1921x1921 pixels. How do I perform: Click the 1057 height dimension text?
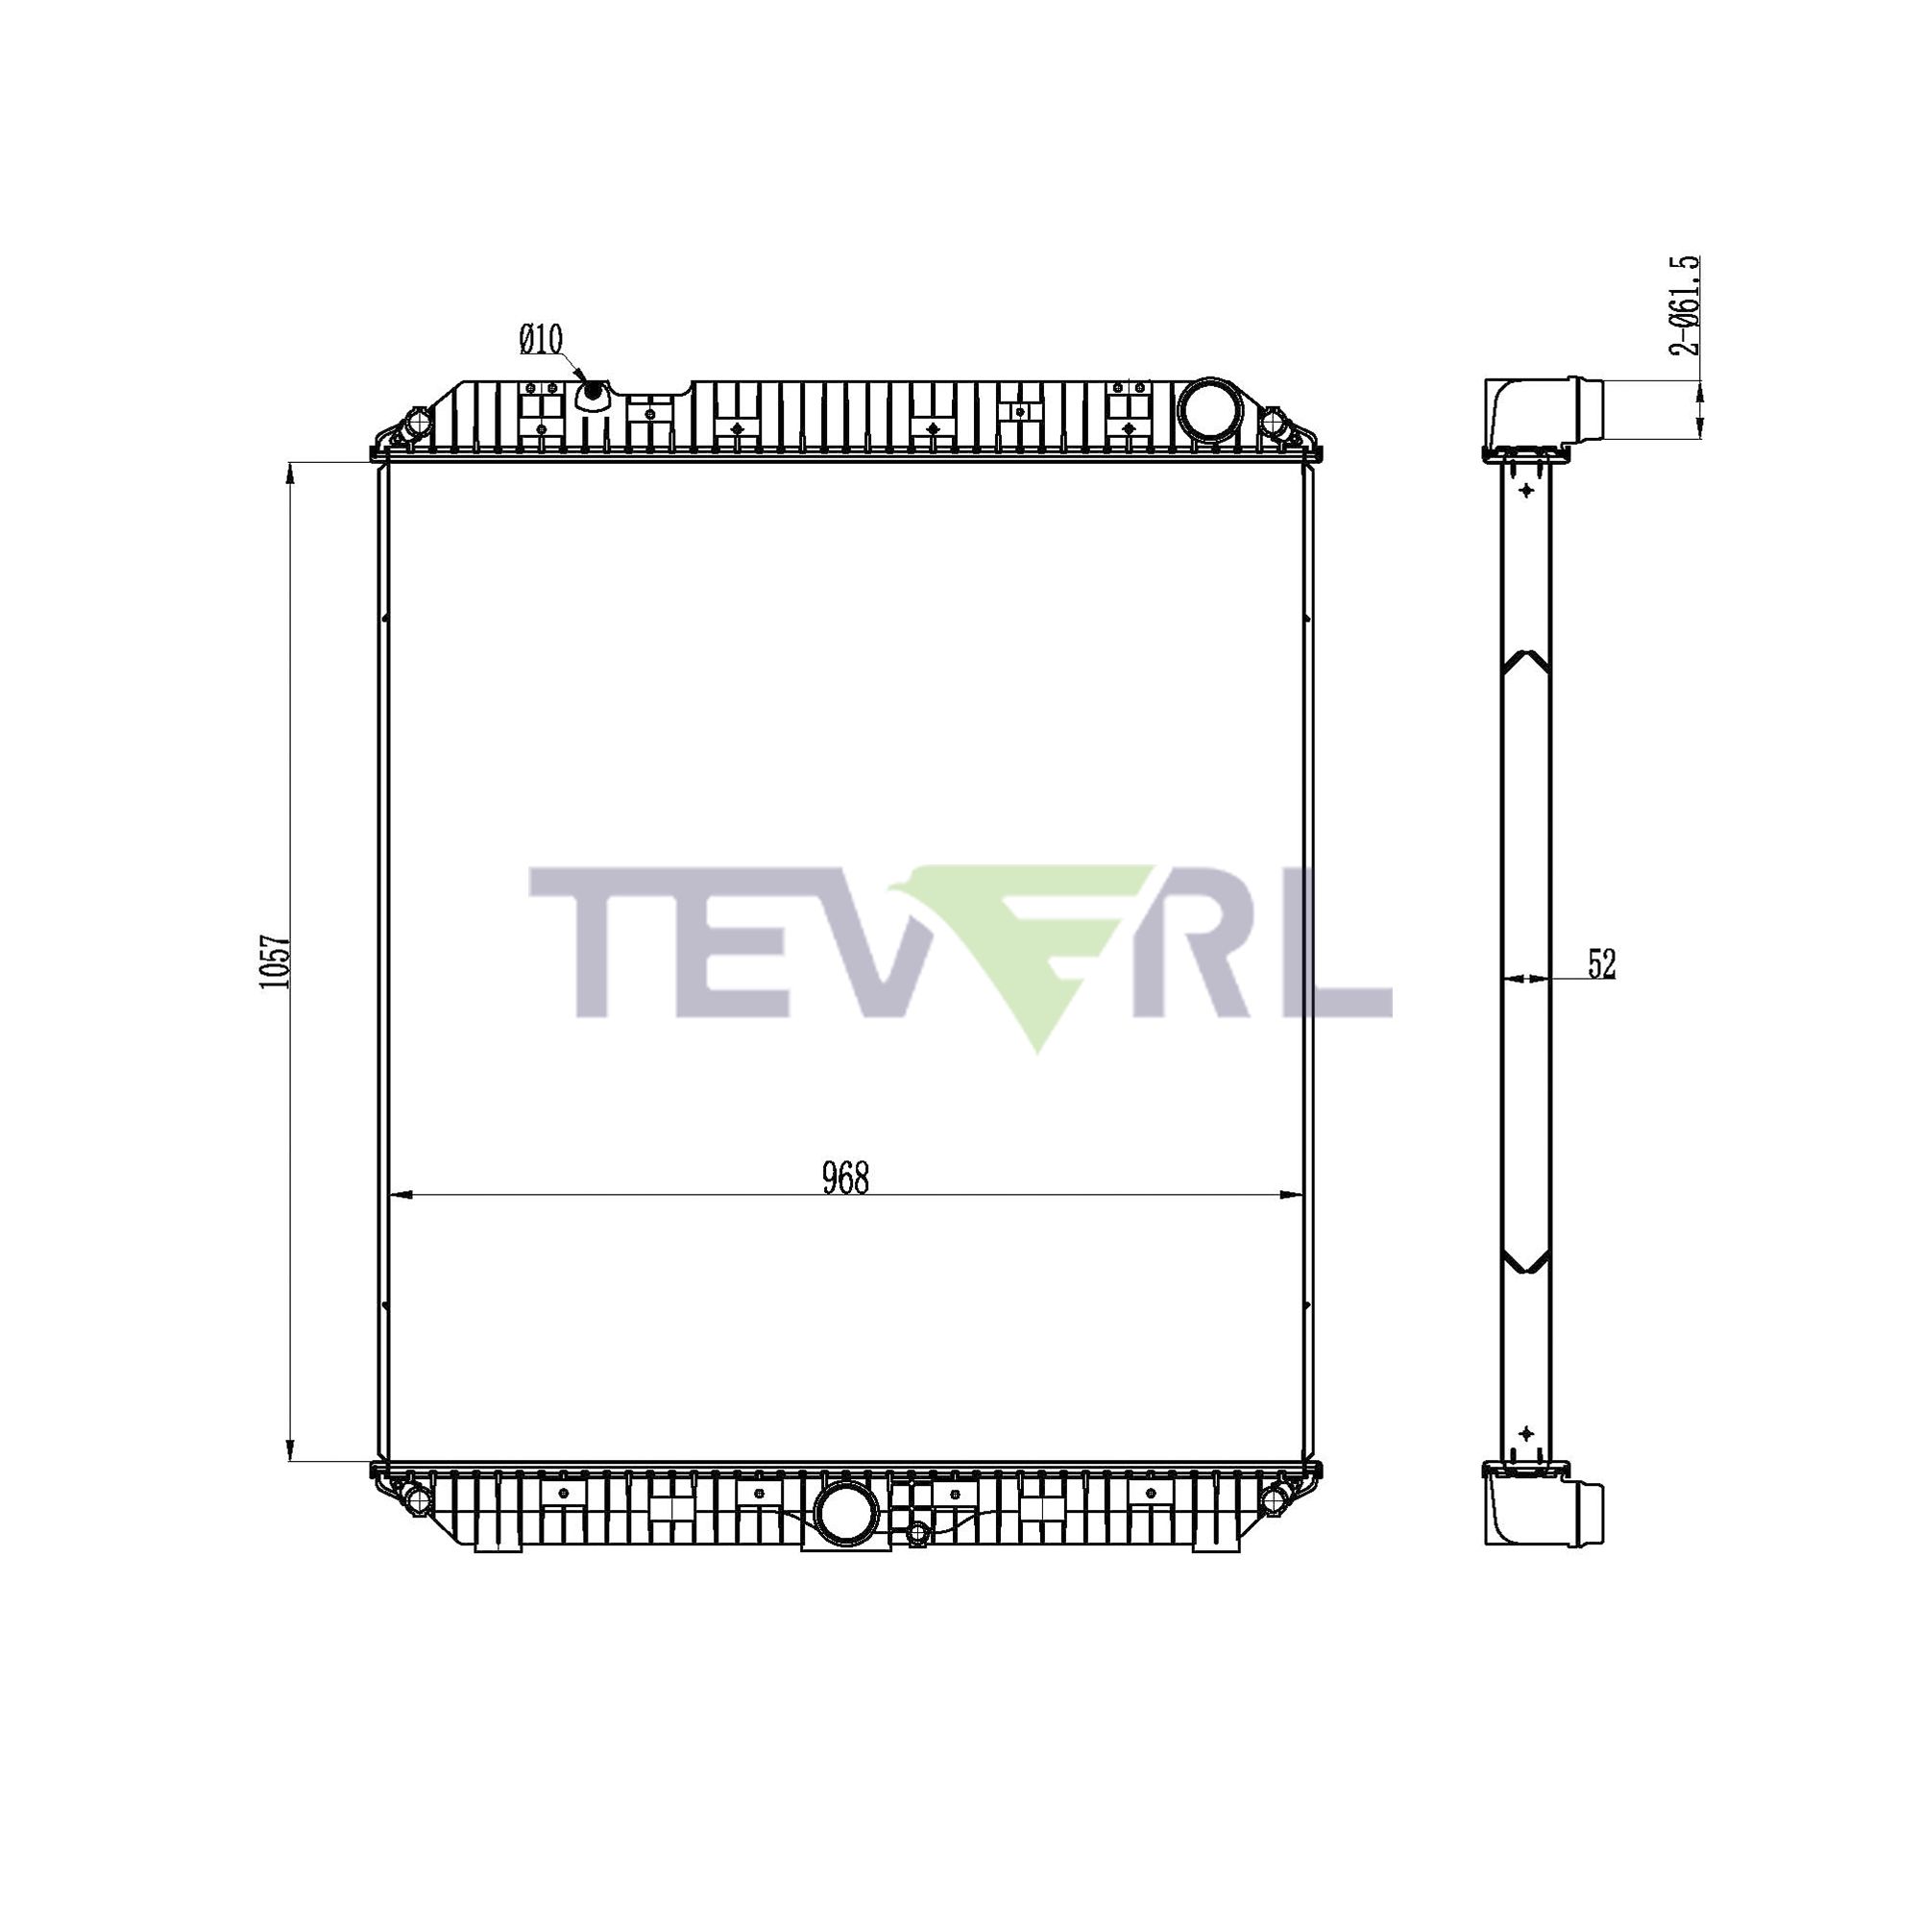[x=275, y=960]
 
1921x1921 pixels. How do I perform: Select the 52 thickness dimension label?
[x=1602, y=963]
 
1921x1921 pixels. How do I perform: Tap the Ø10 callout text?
[x=540, y=340]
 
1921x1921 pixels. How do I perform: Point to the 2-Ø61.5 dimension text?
[x=1683, y=305]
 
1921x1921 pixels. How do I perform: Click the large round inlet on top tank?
[x=1209, y=404]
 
